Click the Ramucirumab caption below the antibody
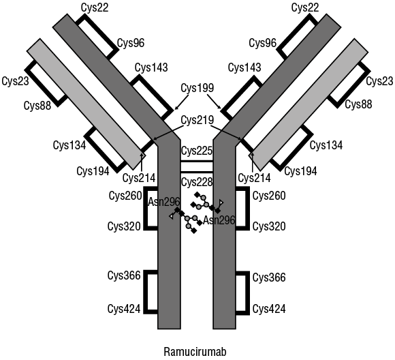(x=195, y=351)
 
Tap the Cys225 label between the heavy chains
(x=197, y=151)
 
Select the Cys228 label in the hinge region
(x=197, y=182)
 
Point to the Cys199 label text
(x=197, y=88)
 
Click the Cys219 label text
(x=197, y=120)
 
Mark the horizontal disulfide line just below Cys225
(x=197, y=162)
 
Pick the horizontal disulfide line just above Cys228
(x=197, y=172)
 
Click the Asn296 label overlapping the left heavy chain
(x=163, y=202)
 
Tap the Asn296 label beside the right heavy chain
(x=219, y=220)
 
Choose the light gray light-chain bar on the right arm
(x=309, y=104)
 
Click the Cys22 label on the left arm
(x=95, y=7)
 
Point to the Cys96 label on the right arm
(x=263, y=43)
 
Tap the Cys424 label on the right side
(x=269, y=309)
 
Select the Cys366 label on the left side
(x=124, y=275)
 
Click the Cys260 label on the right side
(x=269, y=196)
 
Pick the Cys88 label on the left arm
(x=37, y=105)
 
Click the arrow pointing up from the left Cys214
(x=142, y=163)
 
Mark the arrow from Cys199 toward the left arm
(x=182, y=102)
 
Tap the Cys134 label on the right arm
(x=326, y=145)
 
